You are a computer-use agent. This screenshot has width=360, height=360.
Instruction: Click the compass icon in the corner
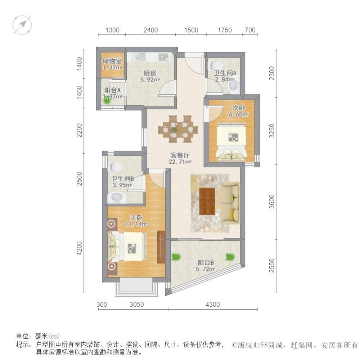pyautogui.click(x=22, y=25)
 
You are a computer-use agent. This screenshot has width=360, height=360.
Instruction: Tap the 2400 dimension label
pyautogui.click(x=150, y=30)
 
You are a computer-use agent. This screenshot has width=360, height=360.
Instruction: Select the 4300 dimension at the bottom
pyautogui.click(x=213, y=305)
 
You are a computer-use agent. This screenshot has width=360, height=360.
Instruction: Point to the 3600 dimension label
pyautogui.click(x=271, y=201)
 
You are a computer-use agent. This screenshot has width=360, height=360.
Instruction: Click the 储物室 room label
pyautogui.click(x=112, y=61)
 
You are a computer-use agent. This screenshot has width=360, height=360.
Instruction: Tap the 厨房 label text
pyautogui.click(x=150, y=73)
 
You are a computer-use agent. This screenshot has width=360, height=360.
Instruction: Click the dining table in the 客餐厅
pyautogui.click(x=178, y=129)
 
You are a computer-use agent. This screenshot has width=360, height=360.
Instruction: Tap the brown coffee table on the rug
pyautogui.click(x=207, y=201)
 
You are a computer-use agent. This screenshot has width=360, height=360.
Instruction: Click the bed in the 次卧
pyautogui.click(x=231, y=141)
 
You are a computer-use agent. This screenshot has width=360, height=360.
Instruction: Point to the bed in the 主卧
pyautogui.click(x=127, y=247)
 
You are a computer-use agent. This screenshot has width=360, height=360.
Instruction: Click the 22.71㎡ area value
pyautogui.click(x=180, y=162)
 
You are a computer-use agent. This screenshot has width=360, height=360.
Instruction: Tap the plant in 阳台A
pyautogui.click(x=107, y=100)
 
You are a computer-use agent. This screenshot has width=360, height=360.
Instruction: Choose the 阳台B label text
pyautogui.click(x=206, y=262)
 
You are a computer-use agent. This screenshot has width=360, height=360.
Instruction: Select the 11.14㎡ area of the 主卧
pyautogui.click(x=136, y=224)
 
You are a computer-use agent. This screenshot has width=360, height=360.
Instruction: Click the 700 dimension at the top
pyautogui.click(x=250, y=30)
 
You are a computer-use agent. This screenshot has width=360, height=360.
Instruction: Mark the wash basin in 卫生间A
pyautogui.click(x=234, y=86)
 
